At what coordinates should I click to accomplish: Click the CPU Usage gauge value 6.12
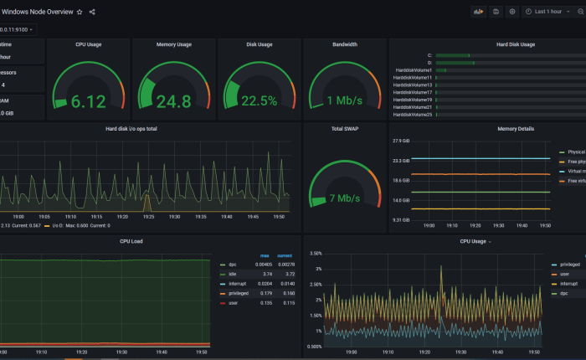pyautogui.click(x=88, y=101)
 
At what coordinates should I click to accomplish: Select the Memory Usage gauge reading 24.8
pyautogui.click(x=173, y=101)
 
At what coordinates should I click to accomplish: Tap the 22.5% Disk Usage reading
pyautogui.click(x=260, y=101)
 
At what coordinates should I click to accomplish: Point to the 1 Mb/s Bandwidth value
pyautogui.click(x=344, y=101)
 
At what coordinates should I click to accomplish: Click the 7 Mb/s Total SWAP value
pyautogui.click(x=344, y=198)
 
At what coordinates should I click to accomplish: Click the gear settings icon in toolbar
pyautogui.click(x=512, y=12)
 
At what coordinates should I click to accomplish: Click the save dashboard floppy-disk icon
pyautogui.click(x=496, y=12)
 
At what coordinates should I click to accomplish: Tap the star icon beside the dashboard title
pyautogui.click(x=80, y=12)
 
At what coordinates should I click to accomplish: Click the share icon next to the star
pyautogui.click(x=92, y=12)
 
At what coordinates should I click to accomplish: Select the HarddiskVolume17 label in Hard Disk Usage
pyautogui.click(x=412, y=92)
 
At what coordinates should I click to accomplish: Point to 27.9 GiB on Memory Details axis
pyautogui.click(x=400, y=141)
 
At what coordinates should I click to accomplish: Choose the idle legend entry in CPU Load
pyautogui.click(x=233, y=274)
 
